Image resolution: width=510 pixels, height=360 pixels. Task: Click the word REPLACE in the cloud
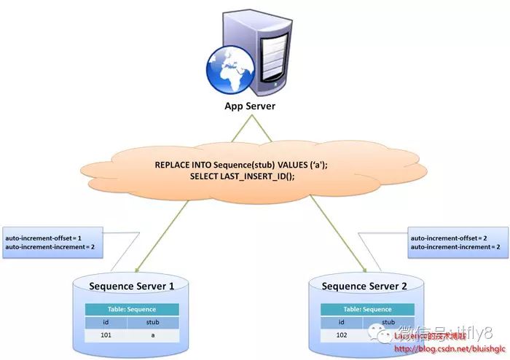[x=174, y=165]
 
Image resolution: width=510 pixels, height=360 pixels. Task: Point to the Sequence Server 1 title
[x=131, y=286]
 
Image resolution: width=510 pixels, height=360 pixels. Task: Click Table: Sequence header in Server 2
[x=367, y=309]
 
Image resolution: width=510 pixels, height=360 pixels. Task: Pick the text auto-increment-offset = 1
[x=44, y=238]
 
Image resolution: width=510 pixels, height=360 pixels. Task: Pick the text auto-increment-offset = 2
[x=449, y=238]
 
